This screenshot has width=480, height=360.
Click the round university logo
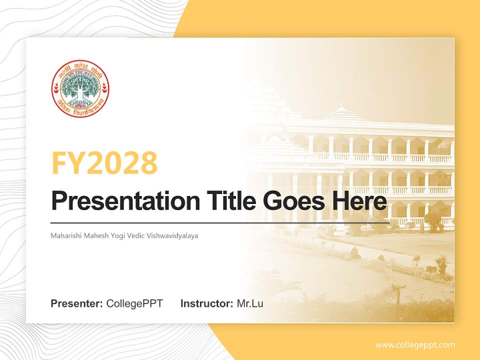80,88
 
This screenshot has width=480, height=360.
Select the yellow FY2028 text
104,162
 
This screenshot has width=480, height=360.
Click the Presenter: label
77,303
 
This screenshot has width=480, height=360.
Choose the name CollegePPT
134,303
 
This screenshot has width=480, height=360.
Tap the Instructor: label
206,303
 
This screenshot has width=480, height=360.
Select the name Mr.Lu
250,303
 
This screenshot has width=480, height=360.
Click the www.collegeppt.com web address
415,345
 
